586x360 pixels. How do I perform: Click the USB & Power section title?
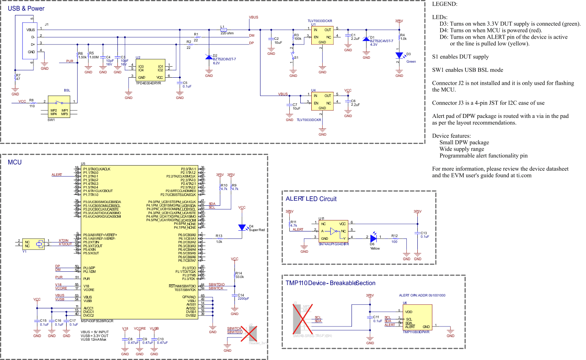26,8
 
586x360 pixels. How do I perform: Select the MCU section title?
15,162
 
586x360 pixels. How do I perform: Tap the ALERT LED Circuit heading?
311,199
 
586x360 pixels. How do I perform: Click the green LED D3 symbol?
399,55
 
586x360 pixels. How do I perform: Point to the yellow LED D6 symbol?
373,238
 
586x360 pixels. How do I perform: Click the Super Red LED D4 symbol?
242,228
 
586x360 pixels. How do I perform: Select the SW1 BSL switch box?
59,105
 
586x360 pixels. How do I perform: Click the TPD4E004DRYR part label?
148,83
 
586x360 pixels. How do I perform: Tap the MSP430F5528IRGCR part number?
97,321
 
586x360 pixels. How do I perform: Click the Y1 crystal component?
39,244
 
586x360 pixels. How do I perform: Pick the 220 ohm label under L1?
227,33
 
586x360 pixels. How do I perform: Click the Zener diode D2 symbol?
209,58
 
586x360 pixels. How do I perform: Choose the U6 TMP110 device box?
417,317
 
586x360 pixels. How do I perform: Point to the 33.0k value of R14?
240,277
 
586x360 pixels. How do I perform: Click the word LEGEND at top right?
445,4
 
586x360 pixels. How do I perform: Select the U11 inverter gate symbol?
334,231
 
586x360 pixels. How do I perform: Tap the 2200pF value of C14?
243,298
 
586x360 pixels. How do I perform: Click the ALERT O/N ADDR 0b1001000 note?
422,295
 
